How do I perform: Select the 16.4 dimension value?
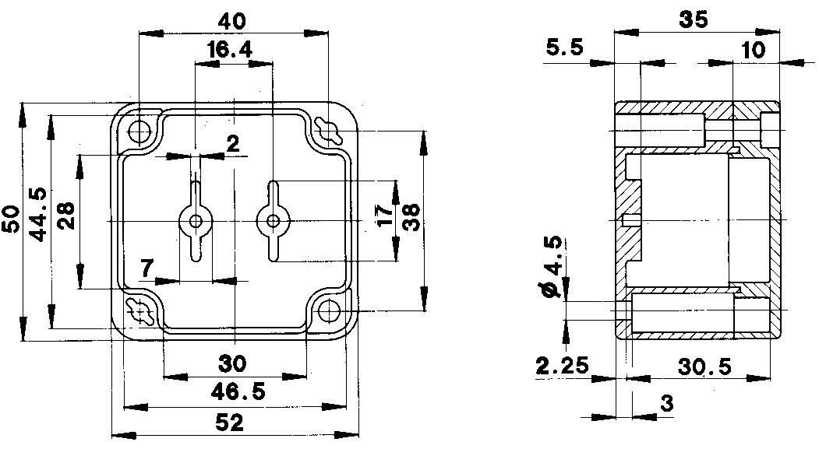point(230,51)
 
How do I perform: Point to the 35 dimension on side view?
point(694,19)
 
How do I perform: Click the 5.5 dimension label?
point(565,48)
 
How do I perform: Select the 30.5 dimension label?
point(705,367)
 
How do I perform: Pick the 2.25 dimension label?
point(563,367)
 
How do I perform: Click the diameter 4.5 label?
point(554,269)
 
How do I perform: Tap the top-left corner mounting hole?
point(140,132)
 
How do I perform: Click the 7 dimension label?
point(147,268)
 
